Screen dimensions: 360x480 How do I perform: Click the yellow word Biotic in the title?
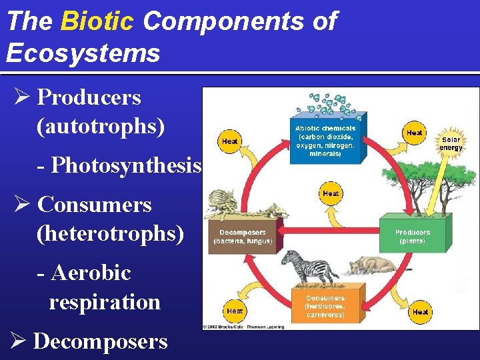tap(97, 21)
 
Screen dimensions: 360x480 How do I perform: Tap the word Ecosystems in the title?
tap(83, 53)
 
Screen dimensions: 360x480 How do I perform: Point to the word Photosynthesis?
tap(126, 163)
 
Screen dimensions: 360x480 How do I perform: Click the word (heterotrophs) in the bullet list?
tap(111, 233)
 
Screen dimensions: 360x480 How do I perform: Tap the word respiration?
tap(105, 301)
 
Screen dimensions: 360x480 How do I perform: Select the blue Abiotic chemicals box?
tap(325, 140)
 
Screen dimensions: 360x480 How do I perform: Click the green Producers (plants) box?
tap(412, 236)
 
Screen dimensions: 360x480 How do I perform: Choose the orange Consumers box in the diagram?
tap(325, 306)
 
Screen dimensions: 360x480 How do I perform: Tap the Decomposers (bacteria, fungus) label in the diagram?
tap(243, 237)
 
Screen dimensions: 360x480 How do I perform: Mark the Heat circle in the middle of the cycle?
tap(331, 193)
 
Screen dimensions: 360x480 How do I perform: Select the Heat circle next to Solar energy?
tap(415, 133)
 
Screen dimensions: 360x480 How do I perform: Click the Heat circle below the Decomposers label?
tap(235, 311)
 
